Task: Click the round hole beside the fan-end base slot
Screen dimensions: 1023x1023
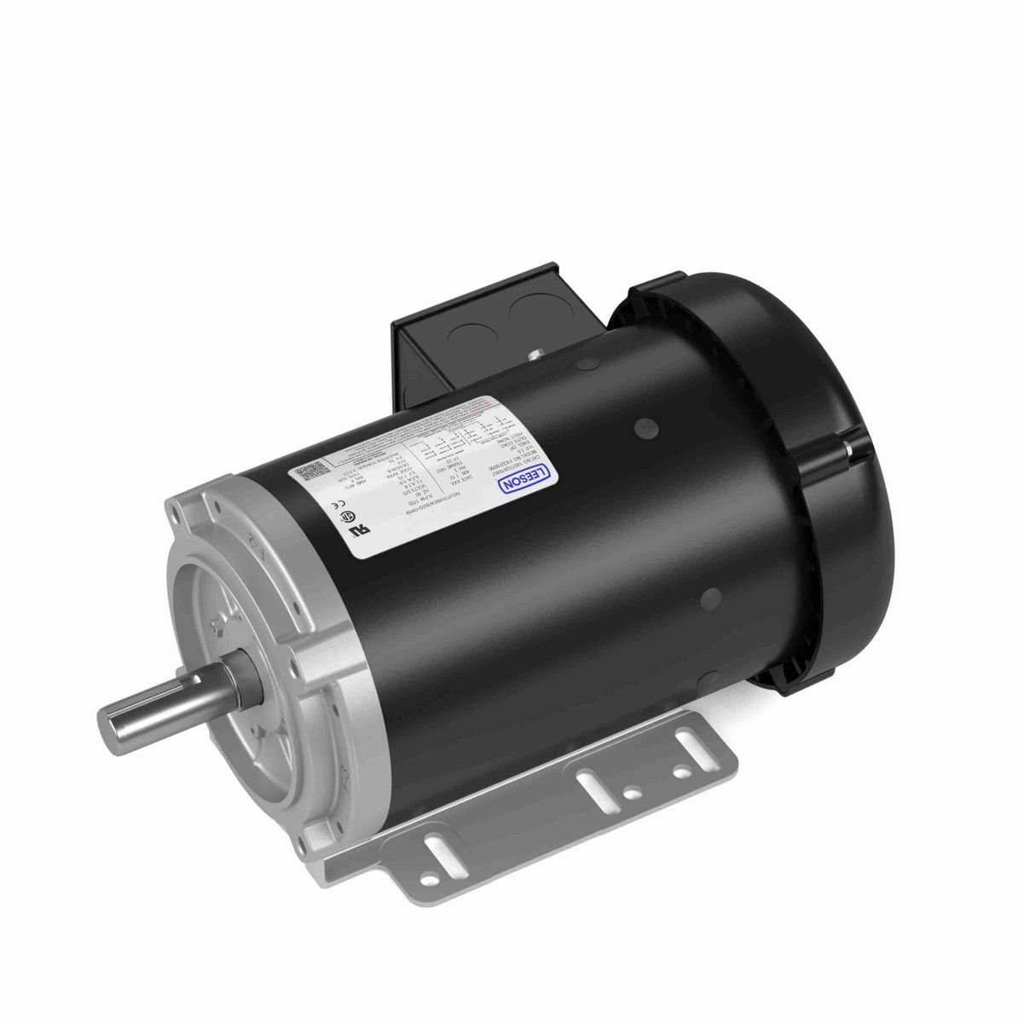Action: click(679, 772)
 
